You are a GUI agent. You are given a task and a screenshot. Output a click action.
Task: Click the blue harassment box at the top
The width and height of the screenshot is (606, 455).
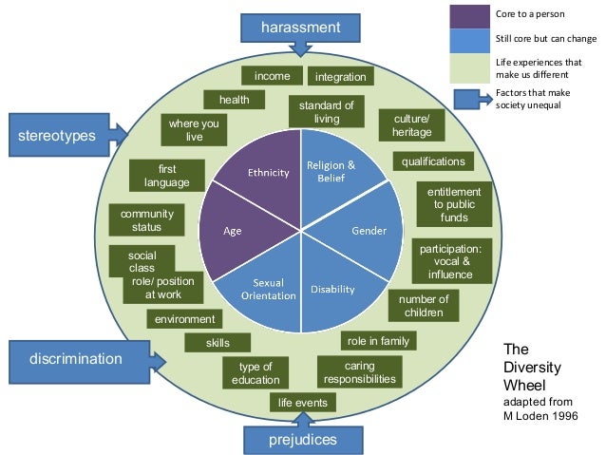click(300, 28)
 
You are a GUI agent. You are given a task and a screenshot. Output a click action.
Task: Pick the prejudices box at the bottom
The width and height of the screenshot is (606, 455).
click(302, 441)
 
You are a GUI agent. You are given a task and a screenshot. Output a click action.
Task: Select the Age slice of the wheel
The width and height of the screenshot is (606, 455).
click(232, 231)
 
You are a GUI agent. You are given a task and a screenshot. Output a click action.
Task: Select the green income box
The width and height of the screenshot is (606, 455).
click(272, 76)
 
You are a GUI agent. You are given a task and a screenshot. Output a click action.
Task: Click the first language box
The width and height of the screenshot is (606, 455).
click(167, 175)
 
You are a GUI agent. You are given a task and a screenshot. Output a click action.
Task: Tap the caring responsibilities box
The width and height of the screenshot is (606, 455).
click(359, 372)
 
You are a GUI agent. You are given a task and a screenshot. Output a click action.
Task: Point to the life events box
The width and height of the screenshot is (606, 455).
click(302, 403)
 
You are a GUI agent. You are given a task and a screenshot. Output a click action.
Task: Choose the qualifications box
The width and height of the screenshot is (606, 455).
click(433, 161)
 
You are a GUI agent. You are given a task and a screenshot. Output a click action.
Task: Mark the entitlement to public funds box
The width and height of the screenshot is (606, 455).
click(454, 204)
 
